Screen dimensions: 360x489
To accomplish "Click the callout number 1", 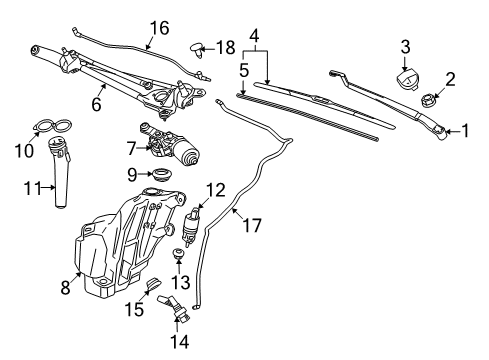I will pyautogui.click(x=464, y=131).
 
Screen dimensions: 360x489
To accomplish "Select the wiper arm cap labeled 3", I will pyautogui.click(x=406, y=79).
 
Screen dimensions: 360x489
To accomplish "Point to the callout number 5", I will pyautogui.click(x=244, y=71).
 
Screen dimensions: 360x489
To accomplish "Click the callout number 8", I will pyautogui.click(x=65, y=288).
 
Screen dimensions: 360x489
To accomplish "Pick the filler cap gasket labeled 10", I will pyautogui.click(x=51, y=127).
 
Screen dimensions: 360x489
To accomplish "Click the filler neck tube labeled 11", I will pyautogui.click(x=58, y=173).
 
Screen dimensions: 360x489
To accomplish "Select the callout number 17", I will pyautogui.click(x=251, y=226).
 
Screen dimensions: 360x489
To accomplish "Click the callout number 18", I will pyautogui.click(x=227, y=47).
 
